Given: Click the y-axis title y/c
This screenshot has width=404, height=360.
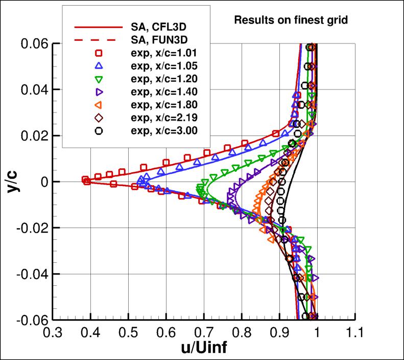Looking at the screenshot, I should (12, 182).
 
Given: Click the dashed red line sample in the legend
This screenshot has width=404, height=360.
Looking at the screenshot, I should (99, 39).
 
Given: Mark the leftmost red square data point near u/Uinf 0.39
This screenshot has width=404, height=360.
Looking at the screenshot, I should (85, 179).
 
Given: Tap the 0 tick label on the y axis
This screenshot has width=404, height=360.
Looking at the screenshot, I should (44, 182).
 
